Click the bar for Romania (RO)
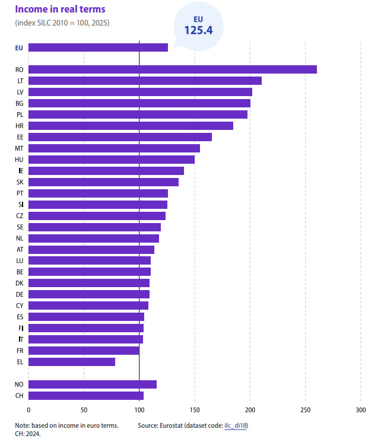click(173, 69)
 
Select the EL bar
click(72, 362)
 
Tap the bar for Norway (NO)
click(93, 384)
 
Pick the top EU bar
click(98, 47)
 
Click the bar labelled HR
click(131, 126)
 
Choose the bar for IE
click(106, 171)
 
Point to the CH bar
click(86, 396)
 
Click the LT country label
click(20, 81)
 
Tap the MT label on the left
click(19, 148)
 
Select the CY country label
click(20, 306)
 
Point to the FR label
click(20, 351)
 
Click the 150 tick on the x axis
click(195, 410)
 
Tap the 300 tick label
click(361, 410)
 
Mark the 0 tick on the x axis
click(28, 410)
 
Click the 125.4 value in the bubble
click(198, 30)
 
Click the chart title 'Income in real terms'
click(60, 9)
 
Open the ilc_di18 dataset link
click(236, 425)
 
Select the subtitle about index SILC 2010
click(62, 23)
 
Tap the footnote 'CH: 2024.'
click(28, 434)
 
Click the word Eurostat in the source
click(171, 425)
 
